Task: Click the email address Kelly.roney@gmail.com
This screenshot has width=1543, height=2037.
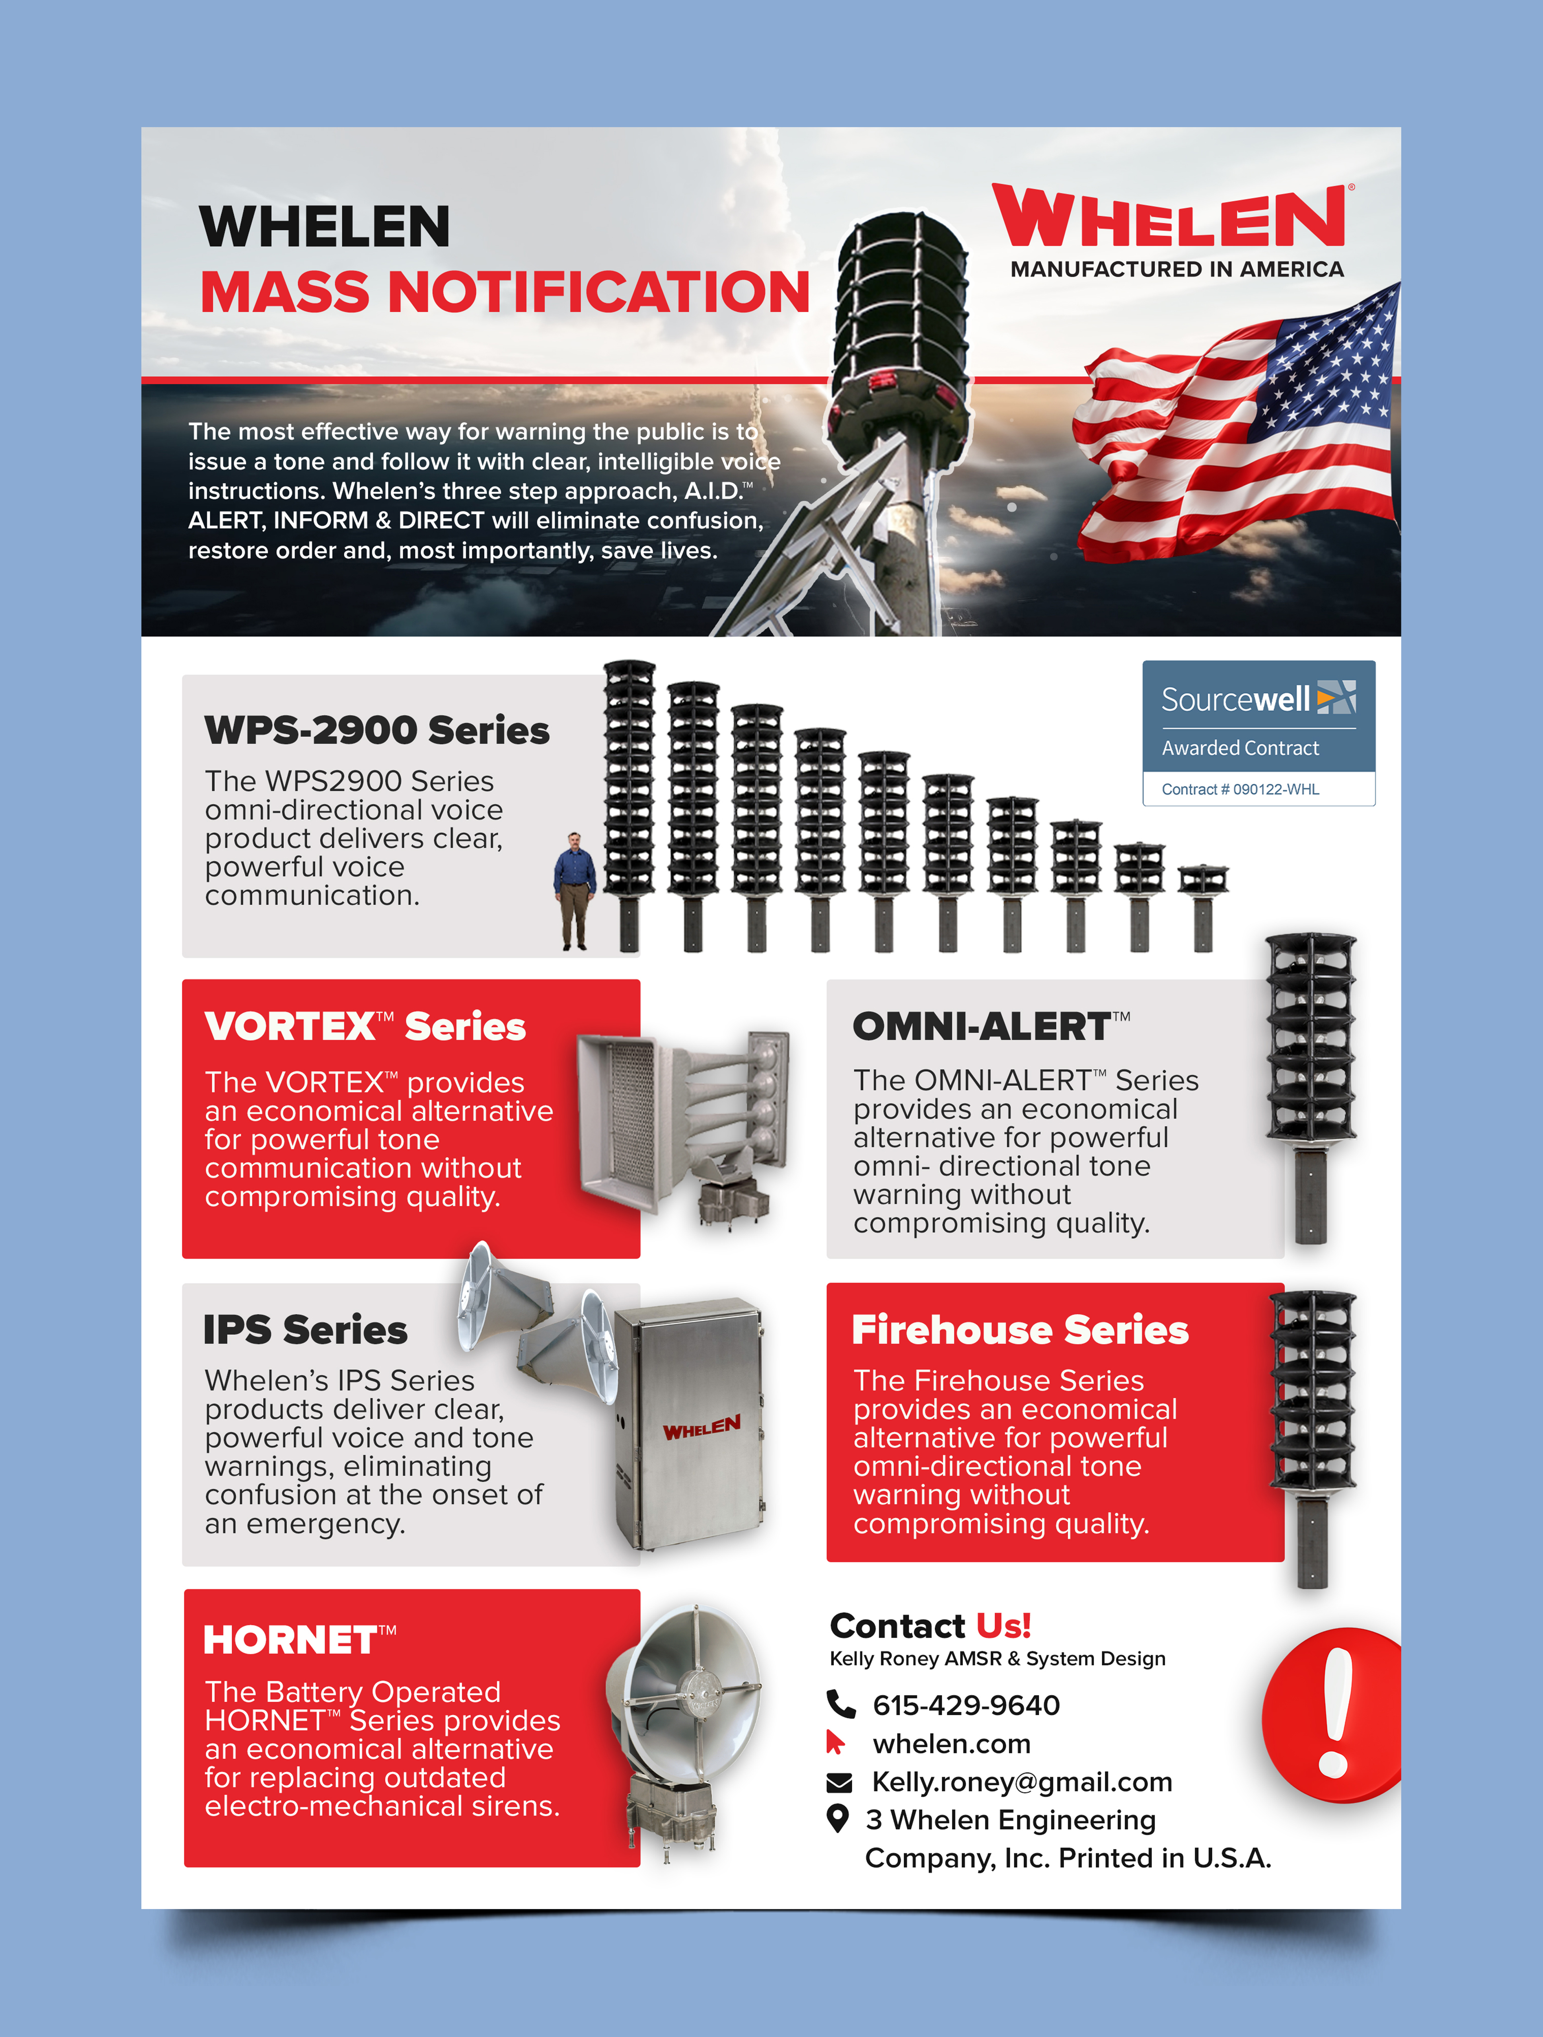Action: click(1021, 1782)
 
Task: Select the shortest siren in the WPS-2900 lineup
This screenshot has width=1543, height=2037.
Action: click(1202, 907)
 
